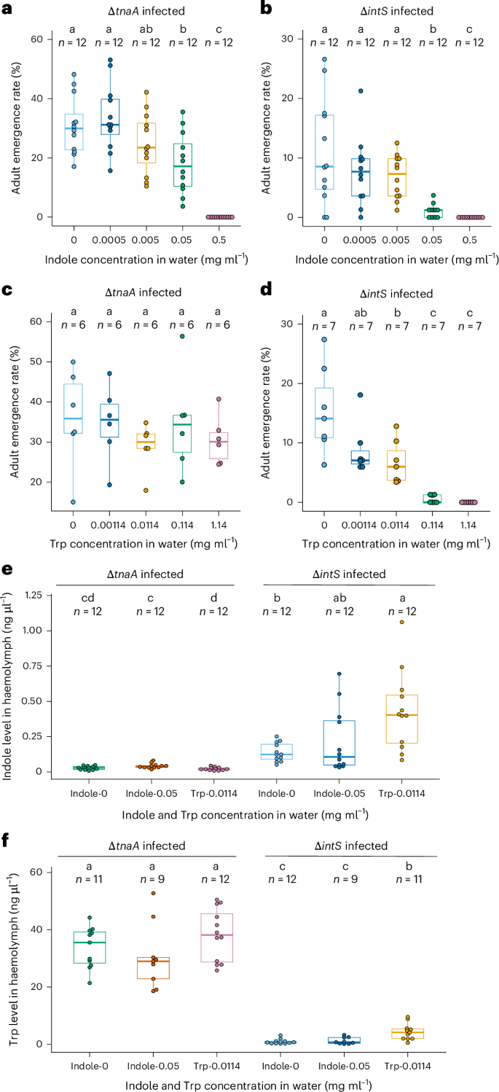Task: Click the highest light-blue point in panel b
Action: [324, 60]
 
